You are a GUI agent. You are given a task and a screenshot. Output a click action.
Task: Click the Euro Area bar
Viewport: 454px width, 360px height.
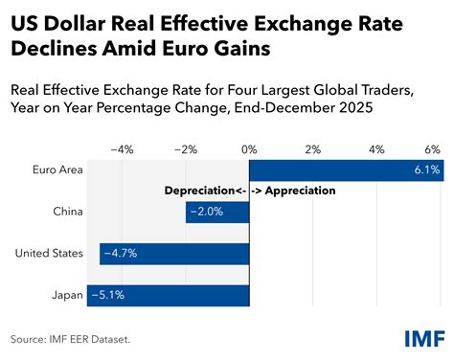pos(345,169)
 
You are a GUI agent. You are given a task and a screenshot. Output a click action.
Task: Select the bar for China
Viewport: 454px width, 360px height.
pos(217,212)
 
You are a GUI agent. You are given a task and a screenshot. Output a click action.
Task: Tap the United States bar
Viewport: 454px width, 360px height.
pos(174,254)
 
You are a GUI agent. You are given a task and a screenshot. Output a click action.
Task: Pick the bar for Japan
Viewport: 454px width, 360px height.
pos(168,295)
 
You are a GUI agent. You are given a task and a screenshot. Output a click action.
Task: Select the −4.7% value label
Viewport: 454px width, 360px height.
pos(120,254)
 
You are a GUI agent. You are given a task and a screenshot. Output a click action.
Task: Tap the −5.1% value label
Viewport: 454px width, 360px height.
pos(107,295)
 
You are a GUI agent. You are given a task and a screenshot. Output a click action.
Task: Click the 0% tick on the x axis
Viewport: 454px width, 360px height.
pos(249,148)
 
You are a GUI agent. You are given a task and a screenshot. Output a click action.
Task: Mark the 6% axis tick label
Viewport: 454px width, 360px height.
pos(432,148)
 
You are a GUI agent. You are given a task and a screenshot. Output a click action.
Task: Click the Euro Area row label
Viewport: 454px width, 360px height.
pos(57,169)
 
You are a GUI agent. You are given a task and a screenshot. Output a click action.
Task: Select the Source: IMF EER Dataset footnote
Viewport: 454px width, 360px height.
pos(69,338)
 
